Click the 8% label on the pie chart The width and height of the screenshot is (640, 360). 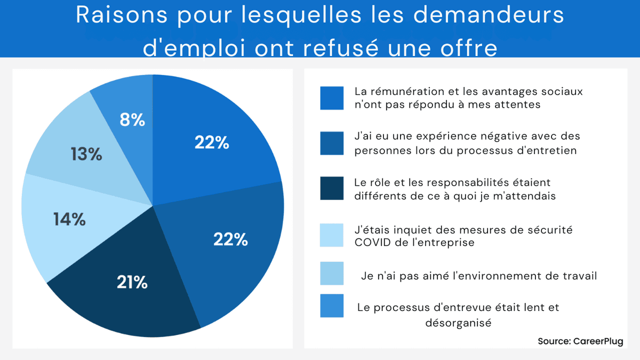132,120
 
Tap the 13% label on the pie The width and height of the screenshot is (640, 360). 86,154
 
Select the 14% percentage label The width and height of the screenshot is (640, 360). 69,219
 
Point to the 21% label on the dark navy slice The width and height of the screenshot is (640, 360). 132,282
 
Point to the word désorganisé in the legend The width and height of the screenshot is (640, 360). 458,322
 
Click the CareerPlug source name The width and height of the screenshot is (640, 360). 597,341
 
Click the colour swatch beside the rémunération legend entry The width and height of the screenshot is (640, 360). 332,98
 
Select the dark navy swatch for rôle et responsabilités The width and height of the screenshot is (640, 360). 332,189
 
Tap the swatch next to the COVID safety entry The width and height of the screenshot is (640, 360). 332,235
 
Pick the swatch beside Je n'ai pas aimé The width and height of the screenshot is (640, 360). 332,274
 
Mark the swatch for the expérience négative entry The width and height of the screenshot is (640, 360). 332,143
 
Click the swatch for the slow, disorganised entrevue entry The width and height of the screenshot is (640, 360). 332,306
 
